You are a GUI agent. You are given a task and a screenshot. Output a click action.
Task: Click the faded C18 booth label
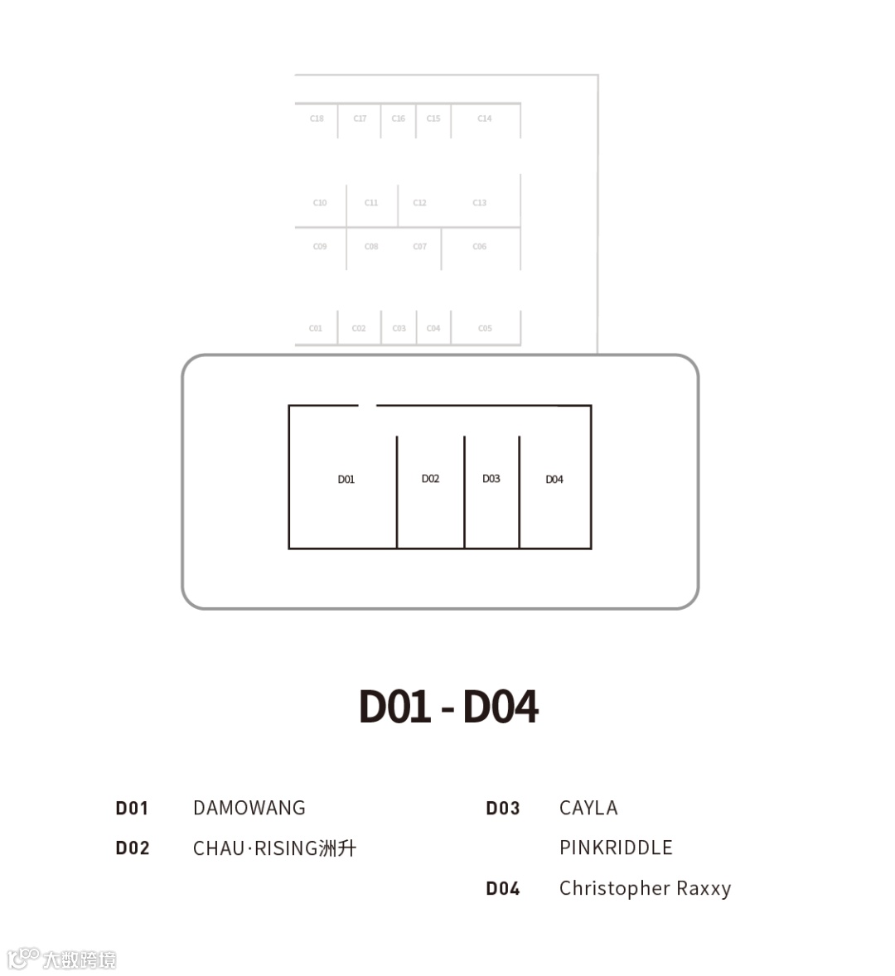point(317,118)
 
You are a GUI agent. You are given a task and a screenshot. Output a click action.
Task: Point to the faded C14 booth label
point(485,118)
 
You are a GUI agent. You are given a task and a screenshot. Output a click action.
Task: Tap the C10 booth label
point(320,203)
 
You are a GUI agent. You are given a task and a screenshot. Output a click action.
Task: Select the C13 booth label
point(480,203)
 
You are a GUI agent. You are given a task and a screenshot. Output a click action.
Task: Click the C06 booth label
point(480,247)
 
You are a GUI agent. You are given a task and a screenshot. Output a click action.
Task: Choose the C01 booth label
point(316,329)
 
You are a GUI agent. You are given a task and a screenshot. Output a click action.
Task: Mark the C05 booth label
point(485,329)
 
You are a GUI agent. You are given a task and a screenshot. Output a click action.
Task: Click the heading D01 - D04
point(448,707)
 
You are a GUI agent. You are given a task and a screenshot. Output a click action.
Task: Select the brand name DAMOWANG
point(249,808)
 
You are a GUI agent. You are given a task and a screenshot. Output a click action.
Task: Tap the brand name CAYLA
point(588,808)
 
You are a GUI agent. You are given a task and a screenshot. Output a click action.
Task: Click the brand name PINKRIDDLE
point(616,848)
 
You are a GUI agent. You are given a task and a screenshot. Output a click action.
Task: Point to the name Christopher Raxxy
point(645,888)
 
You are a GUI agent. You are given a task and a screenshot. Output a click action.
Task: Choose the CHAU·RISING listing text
point(274,848)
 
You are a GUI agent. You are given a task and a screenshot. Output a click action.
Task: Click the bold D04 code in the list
point(503,889)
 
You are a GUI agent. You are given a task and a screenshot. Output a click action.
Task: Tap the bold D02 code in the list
point(133,848)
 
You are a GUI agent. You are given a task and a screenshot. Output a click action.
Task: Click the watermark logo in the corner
point(61,959)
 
